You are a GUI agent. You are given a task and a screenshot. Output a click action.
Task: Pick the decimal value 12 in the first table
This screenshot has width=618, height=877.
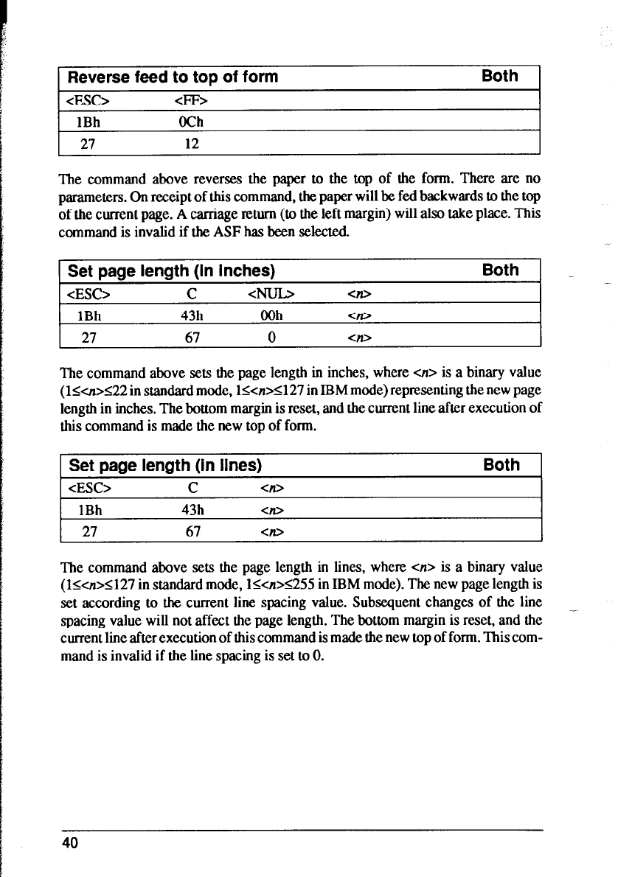pos(192,144)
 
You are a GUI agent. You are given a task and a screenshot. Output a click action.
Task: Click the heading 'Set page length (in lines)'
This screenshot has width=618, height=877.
pos(166,465)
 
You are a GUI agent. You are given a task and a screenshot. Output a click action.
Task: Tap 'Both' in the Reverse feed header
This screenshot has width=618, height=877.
pos(499,76)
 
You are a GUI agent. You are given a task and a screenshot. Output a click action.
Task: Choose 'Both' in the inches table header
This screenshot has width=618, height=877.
pos(500,270)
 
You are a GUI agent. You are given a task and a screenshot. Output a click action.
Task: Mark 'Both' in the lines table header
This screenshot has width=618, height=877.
pos(501,464)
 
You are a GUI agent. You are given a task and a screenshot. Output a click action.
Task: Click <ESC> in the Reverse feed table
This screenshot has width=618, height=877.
pos(89,101)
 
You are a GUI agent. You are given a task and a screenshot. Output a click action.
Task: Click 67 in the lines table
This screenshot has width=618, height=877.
pos(192,532)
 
